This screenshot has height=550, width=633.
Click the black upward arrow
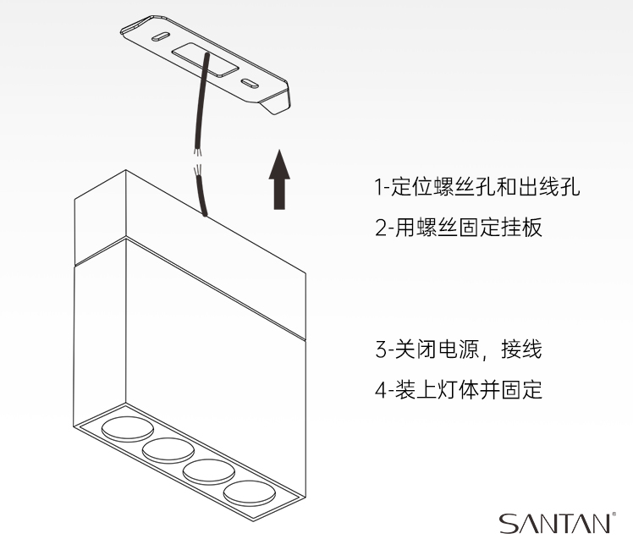pyautogui.click(x=279, y=179)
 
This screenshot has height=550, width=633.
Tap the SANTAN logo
pyautogui.click(x=554, y=524)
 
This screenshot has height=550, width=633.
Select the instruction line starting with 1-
pyautogui.click(x=477, y=186)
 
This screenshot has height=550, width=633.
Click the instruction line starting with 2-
pyautogui.click(x=459, y=227)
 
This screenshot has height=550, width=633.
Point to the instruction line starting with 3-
pyautogui.click(x=459, y=349)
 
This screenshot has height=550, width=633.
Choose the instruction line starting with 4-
pyautogui.click(x=459, y=390)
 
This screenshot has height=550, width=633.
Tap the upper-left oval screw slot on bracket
pyautogui.click(x=160, y=36)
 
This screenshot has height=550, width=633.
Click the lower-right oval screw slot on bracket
pyautogui.click(x=250, y=83)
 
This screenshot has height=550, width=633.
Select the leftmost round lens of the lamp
pyautogui.click(x=128, y=429)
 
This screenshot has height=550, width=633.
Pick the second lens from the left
pyautogui.click(x=168, y=450)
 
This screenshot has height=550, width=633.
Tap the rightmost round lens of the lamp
pyautogui.click(x=250, y=492)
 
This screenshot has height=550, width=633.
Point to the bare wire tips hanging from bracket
pyautogui.click(x=196, y=152)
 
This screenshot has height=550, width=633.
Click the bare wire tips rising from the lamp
pyautogui.click(x=197, y=169)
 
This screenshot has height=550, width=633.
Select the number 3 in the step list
pyautogui.click(x=381, y=349)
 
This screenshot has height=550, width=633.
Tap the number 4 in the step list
pyautogui.click(x=381, y=390)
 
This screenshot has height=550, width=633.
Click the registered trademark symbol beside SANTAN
pyautogui.click(x=614, y=514)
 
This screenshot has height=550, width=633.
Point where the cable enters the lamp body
pyautogui.click(x=205, y=214)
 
